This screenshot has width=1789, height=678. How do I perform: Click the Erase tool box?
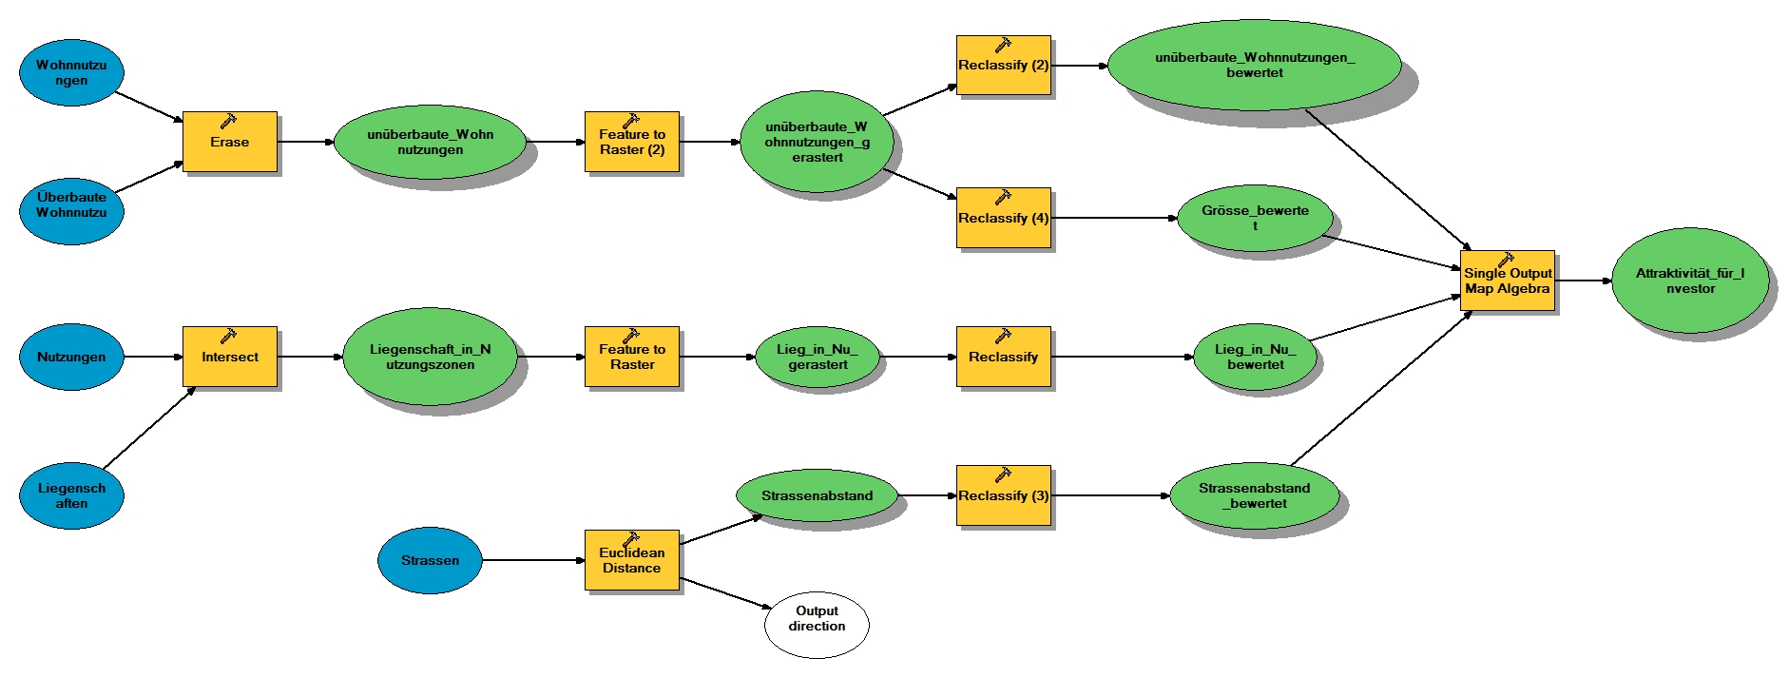(229, 142)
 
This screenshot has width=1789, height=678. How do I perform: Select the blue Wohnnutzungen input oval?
(71, 72)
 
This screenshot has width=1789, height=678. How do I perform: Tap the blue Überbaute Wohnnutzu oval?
(71, 205)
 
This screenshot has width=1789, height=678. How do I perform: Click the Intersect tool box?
(229, 357)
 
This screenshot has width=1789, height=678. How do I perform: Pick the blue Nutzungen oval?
(71, 357)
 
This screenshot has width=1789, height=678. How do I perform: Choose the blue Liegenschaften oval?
(71, 495)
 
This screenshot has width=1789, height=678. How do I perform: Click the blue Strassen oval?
(430, 560)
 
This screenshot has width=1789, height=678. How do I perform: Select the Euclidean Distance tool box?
(631, 560)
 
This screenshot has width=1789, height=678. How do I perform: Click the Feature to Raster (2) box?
(631, 142)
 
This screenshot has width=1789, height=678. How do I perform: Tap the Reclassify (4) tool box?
(1003, 218)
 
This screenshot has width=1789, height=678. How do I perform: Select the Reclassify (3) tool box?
(1003, 495)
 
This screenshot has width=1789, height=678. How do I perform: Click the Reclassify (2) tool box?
(1003, 66)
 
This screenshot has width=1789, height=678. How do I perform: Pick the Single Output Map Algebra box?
(1507, 281)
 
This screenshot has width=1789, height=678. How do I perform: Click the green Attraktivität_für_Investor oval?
(1689, 281)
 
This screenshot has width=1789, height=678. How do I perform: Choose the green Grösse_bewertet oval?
(1255, 218)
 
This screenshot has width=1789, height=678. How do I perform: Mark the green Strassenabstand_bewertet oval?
(1254, 495)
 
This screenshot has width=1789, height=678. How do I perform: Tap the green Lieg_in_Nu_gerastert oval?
(817, 357)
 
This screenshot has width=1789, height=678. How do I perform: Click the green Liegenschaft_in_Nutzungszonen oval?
(430, 357)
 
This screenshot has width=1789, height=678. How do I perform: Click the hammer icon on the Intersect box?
(228, 336)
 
